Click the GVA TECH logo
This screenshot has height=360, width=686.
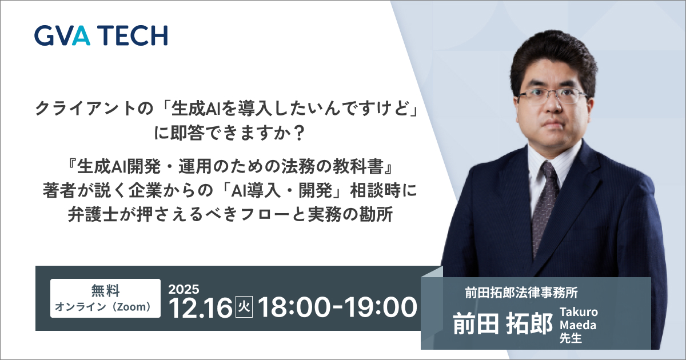click(x=101, y=35)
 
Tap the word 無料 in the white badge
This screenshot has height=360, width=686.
click(x=105, y=290)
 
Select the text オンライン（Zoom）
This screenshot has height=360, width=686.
click(x=103, y=307)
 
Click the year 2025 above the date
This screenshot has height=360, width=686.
click(x=184, y=289)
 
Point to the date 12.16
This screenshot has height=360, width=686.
click(x=200, y=307)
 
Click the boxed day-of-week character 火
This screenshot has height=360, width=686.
click(x=244, y=307)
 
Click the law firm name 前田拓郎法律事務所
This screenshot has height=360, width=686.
click(x=521, y=293)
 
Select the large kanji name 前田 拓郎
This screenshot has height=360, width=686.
click(x=502, y=323)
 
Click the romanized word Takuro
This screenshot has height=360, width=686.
click(x=579, y=312)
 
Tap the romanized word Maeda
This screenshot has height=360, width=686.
click(x=578, y=325)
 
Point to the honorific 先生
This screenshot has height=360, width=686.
click(x=571, y=338)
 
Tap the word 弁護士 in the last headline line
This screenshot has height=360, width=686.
click(x=93, y=215)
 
